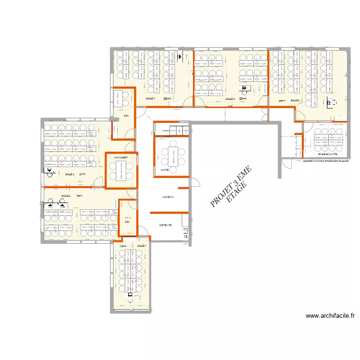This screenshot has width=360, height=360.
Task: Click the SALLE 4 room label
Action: (x=150, y=98)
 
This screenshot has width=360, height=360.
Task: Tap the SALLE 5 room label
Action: (x=230, y=99)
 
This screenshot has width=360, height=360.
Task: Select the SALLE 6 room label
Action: (x=295, y=101)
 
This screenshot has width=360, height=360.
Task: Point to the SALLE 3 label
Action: (x=70, y=174)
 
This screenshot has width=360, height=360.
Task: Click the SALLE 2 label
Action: (x=66, y=196)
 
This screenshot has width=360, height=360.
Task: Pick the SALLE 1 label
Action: (x=142, y=246)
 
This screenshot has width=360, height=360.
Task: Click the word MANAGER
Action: (x=121, y=157)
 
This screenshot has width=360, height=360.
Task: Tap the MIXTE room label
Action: (x=165, y=170)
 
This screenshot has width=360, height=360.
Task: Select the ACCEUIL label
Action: (x=168, y=197)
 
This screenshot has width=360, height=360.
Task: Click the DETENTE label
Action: (x=166, y=225)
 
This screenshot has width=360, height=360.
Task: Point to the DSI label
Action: (x=127, y=222)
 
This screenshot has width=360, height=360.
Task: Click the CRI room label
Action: (x=126, y=116)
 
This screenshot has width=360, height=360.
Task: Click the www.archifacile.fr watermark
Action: (x=330, y=316)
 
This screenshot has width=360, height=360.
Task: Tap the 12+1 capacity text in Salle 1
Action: (x=123, y=246)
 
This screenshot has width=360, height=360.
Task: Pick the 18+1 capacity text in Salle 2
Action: (x=79, y=196)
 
